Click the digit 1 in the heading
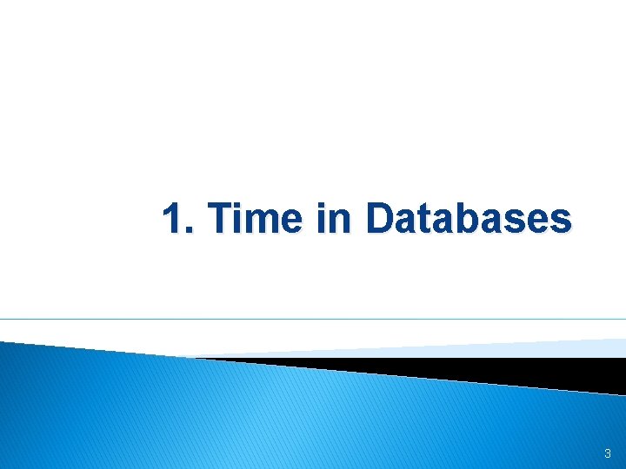(x=172, y=219)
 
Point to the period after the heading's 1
(x=189, y=231)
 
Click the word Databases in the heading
(x=469, y=219)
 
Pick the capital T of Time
(x=222, y=219)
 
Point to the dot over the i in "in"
(x=321, y=205)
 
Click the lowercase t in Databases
(x=423, y=221)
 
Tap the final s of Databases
(x=563, y=223)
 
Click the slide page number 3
(x=607, y=453)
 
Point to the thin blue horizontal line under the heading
(x=313, y=319)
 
